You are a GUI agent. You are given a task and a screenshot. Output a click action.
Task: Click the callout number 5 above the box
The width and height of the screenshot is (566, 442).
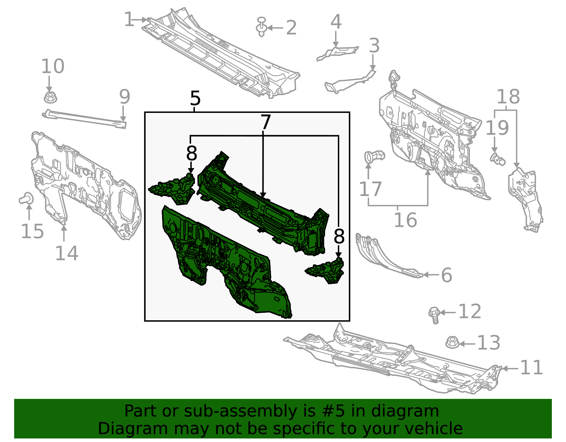195,98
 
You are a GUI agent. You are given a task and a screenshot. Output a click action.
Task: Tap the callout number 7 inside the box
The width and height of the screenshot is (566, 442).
265,122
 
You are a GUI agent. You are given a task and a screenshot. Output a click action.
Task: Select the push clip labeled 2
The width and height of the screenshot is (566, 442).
261,27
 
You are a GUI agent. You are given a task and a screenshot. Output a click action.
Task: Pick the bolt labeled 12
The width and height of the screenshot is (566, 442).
434,315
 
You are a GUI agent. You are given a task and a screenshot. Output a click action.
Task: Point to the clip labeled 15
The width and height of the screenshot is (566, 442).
26,199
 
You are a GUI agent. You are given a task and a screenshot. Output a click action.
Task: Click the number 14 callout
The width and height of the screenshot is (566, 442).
67,253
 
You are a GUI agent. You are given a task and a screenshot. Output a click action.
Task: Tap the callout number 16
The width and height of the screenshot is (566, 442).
405,220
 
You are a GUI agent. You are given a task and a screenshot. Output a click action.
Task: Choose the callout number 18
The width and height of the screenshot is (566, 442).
508,97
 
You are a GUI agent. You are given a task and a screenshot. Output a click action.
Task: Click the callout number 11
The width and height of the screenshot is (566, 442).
531,368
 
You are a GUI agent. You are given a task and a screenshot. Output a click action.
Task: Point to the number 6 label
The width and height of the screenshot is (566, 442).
446,275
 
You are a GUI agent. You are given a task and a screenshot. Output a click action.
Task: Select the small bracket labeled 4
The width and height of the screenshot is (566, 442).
338,52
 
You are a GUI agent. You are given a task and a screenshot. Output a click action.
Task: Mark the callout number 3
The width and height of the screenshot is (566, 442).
374,46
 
